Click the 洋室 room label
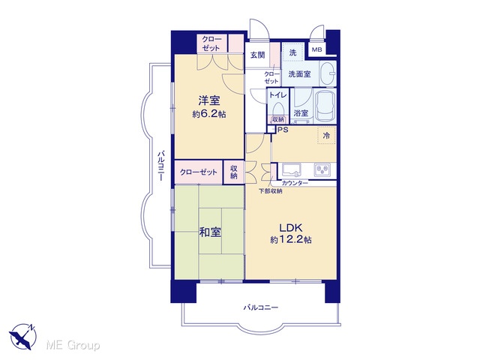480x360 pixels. (x=209, y=100)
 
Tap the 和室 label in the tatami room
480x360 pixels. (x=210, y=232)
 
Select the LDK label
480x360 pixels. (x=291, y=228)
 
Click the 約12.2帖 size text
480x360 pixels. (x=291, y=240)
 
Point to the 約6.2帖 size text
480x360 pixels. (x=209, y=114)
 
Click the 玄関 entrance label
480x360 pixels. (x=257, y=55)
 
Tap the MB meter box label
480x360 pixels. (x=316, y=49)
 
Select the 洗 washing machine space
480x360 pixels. (x=293, y=52)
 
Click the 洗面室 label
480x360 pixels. (x=300, y=73)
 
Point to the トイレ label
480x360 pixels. (x=277, y=95)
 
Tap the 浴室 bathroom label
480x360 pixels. (x=301, y=113)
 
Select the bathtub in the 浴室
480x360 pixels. (x=325, y=106)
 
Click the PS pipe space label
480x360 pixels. (x=283, y=130)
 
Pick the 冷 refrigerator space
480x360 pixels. (x=327, y=135)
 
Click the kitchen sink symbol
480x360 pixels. (x=291, y=170)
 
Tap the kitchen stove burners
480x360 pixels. (x=322, y=169)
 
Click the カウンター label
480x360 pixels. (x=295, y=183)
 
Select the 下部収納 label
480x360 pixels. (x=271, y=191)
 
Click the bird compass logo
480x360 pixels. (x=23, y=336)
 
